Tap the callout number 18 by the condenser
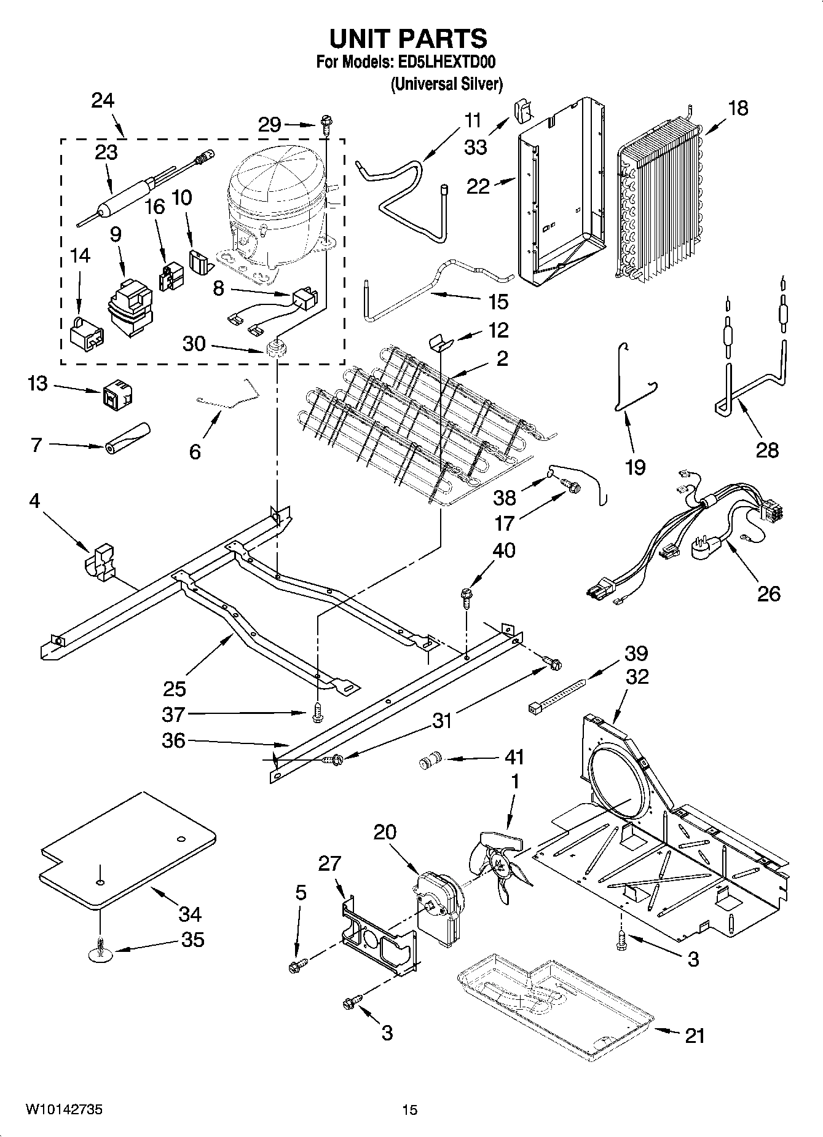[x=738, y=109]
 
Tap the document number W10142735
[x=64, y=1109]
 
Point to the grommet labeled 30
[x=278, y=348]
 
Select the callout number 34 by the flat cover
[x=189, y=914]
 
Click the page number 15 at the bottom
[x=410, y=1109]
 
